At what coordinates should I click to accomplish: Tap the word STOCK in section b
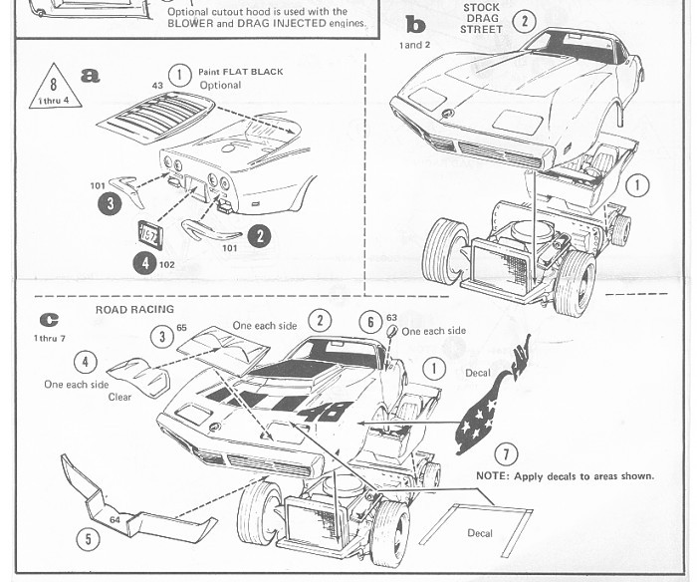coord(481,7)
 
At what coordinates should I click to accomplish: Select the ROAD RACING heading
coord(133,310)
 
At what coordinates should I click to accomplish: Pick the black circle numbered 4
coord(143,265)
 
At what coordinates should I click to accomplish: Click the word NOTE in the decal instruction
coord(494,476)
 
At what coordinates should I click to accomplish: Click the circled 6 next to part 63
coord(369,321)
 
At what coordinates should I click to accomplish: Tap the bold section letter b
coord(415,24)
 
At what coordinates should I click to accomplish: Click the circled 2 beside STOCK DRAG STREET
coord(524,21)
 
